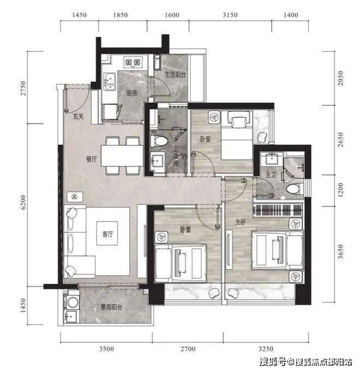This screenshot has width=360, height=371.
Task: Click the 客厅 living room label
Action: click(x=107, y=234)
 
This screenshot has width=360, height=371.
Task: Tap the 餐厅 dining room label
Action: click(x=91, y=159)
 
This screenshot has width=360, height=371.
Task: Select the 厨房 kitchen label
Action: click(x=132, y=93)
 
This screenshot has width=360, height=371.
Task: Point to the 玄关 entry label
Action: click(x=79, y=116)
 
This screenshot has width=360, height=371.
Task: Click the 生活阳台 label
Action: click(x=175, y=75)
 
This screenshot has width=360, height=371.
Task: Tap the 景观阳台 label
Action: click(x=111, y=307)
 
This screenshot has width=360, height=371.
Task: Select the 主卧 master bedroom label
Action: click(x=241, y=222)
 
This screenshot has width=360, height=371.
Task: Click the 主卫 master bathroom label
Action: click(x=271, y=175)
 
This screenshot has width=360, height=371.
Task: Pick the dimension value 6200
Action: click(x=23, y=202)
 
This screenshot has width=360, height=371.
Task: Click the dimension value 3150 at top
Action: click(x=230, y=15)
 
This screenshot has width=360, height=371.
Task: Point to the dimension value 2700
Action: click(x=188, y=349)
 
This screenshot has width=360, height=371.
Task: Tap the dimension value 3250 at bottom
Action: click(x=266, y=349)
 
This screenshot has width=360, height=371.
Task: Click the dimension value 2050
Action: click(x=340, y=78)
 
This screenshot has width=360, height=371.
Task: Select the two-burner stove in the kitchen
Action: click(x=133, y=62)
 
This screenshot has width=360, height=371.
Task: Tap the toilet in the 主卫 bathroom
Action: click(x=295, y=189)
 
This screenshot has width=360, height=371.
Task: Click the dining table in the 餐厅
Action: click(x=122, y=155)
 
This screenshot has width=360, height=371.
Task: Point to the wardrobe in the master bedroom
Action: click(x=278, y=210)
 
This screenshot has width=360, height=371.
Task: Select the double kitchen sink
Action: click(x=110, y=82)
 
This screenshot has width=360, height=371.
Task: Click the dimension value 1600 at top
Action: click(x=172, y=15)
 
